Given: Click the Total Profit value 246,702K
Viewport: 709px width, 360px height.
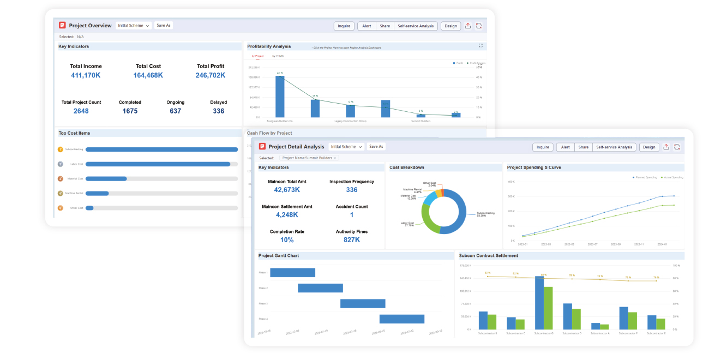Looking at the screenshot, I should pyautogui.click(x=210, y=75).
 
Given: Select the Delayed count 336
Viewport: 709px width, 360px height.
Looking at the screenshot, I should pyautogui.click(x=218, y=111).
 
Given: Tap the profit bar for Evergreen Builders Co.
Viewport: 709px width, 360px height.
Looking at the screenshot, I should pyautogui.click(x=280, y=97).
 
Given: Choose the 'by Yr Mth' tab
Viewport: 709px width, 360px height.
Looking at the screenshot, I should pyautogui.click(x=278, y=56).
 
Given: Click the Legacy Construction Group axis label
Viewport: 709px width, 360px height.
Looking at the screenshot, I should pyautogui.click(x=350, y=121).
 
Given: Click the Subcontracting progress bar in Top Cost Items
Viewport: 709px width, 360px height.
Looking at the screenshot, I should pyautogui.click(x=161, y=149).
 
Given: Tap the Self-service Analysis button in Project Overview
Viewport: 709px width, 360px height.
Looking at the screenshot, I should pyautogui.click(x=415, y=26).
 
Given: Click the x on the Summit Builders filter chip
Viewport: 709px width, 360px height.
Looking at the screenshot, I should pyautogui.click(x=335, y=158).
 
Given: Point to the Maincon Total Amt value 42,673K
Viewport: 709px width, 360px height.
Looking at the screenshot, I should pyautogui.click(x=287, y=190).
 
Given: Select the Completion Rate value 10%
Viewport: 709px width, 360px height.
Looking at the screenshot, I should pyautogui.click(x=287, y=240).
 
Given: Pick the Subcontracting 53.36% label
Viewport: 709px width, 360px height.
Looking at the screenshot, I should pyautogui.click(x=485, y=214).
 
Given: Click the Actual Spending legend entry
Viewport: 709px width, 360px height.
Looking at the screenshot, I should pyautogui.click(x=671, y=177).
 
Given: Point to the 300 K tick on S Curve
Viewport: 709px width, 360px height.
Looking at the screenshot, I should pyautogui.click(x=511, y=196).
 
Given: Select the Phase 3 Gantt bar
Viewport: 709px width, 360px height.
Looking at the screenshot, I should pyautogui.click(x=363, y=304).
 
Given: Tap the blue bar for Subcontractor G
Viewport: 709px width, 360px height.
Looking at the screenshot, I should pyautogui.click(x=539, y=303).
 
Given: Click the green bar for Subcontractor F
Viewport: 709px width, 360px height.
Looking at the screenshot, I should pyautogui.click(x=633, y=321).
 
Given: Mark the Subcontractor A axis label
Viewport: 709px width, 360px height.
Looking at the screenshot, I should pyautogui.click(x=600, y=333).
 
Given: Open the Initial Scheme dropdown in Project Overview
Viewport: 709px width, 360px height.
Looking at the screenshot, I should pyautogui.click(x=134, y=26).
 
